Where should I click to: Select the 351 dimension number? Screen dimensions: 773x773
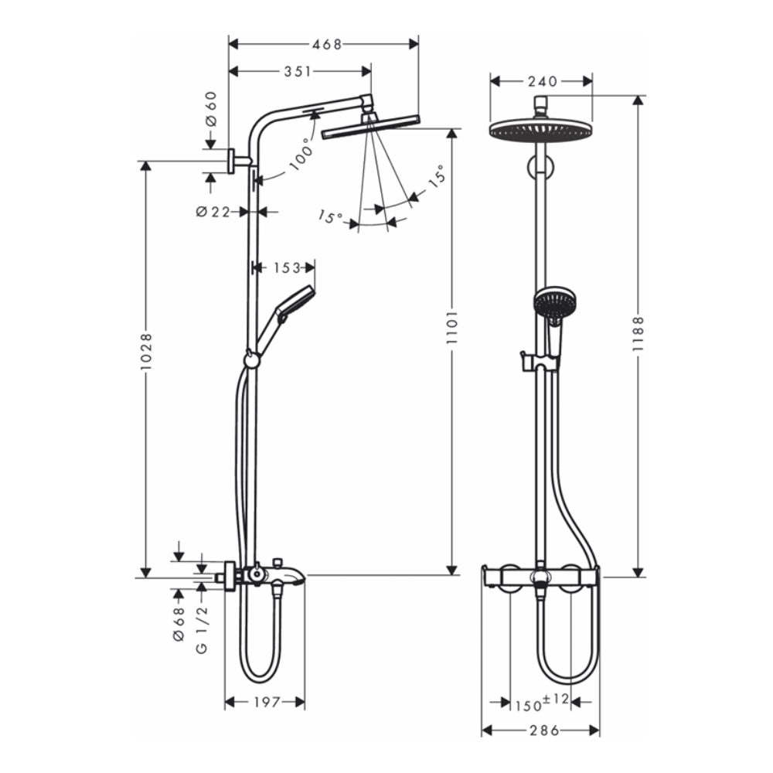pyautogui.click(x=298, y=72)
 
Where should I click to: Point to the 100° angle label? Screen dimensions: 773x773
pyautogui.click(x=302, y=153)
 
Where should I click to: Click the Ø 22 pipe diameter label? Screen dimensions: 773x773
pyautogui.click(x=213, y=211)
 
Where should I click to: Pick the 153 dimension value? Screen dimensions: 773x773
pyautogui.click(x=286, y=267)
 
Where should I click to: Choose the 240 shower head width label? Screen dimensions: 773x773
pyautogui.click(x=542, y=80)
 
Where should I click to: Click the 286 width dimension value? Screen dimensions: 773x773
pyautogui.click(x=542, y=730)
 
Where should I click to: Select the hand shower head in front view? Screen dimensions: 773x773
pyautogui.click(x=555, y=303)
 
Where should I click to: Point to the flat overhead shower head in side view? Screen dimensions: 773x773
pyautogui.click(x=370, y=126)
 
